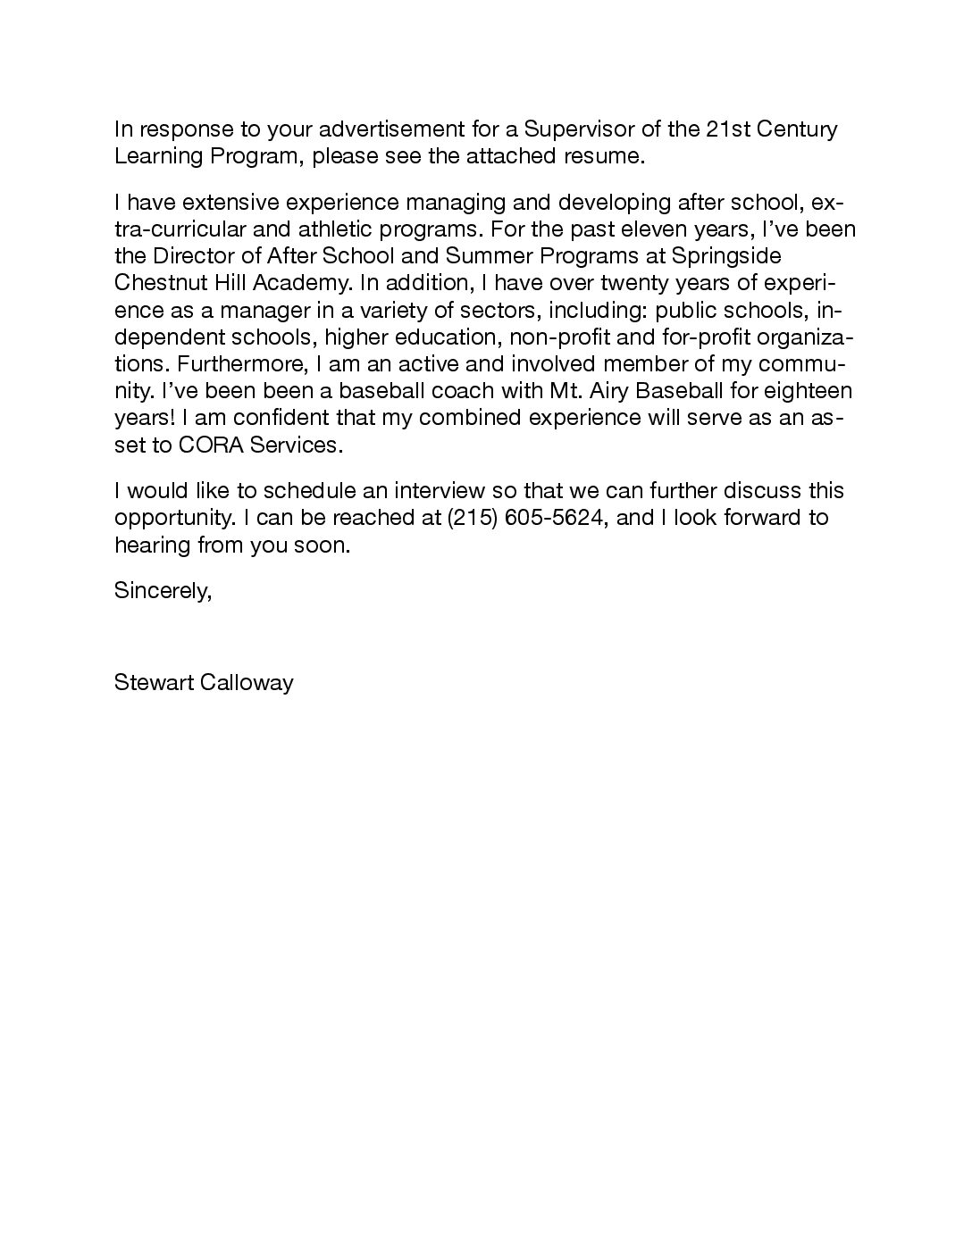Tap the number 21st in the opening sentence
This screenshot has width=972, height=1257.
coord(727,129)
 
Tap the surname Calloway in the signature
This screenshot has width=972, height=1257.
coord(246,684)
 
